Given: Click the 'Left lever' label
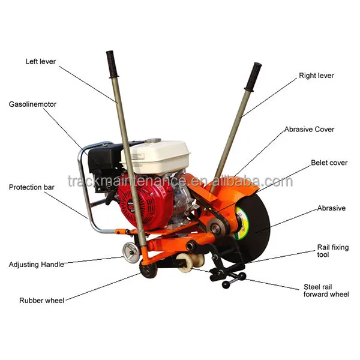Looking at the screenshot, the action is (x=41, y=62).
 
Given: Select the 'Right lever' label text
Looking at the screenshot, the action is (x=316, y=76).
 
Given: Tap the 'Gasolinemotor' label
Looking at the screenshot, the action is (x=32, y=104).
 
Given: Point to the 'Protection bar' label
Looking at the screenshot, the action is (x=31, y=187).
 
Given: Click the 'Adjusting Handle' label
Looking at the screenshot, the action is (x=36, y=265).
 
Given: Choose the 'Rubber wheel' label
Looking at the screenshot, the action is (x=41, y=301).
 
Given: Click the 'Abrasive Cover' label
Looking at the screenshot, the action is (x=309, y=130).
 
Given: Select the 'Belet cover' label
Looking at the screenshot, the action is (x=329, y=163).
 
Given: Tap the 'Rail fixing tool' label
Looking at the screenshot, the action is (x=332, y=251).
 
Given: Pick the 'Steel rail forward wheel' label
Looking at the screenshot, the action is (x=326, y=290).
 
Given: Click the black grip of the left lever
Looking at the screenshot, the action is (x=112, y=65).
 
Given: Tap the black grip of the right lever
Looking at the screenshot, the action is (x=253, y=77).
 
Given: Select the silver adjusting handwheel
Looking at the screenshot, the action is (x=131, y=253).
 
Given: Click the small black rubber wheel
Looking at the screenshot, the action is (x=148, y=269).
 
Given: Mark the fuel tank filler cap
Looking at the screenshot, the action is (x=152, y=140).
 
